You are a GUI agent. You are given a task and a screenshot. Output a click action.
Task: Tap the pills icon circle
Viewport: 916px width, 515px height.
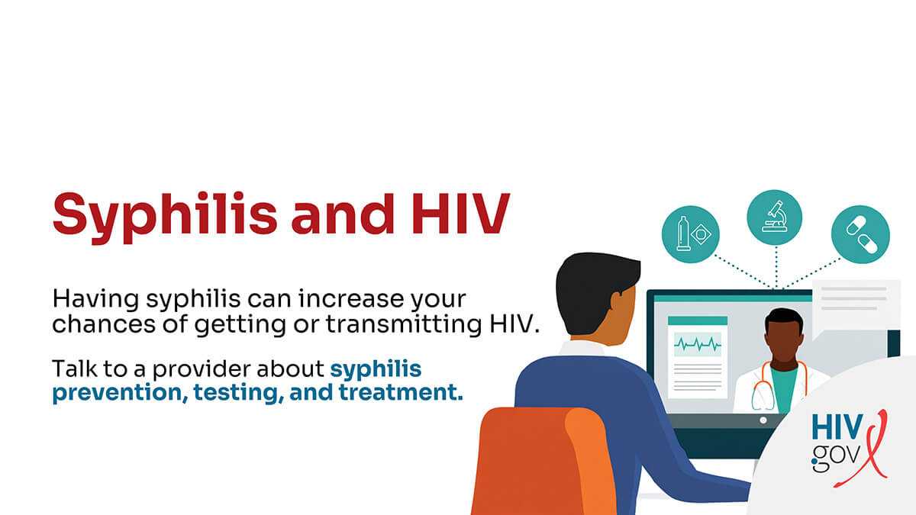[861, 231]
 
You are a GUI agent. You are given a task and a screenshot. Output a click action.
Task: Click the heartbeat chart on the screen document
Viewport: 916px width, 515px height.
[697, 345]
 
